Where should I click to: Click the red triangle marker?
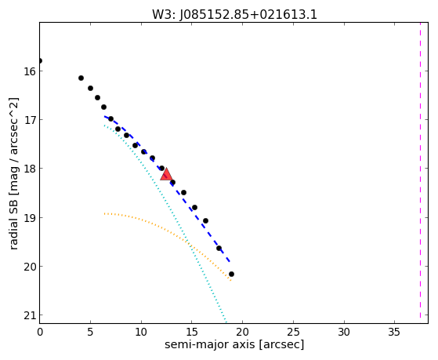tap(166, 174)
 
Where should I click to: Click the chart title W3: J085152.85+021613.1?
tap(234, 15)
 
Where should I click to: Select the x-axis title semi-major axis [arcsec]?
tap(234, 344)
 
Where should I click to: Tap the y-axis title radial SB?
tap(13, 221)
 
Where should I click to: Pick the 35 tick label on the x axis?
tap(394, 333)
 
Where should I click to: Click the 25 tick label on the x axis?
tap(293, 333)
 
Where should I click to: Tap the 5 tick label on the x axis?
tap(90, 333)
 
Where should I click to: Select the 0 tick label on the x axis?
tap(40, 333)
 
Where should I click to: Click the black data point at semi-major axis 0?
tap(40, 60)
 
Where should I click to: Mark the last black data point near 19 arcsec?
tap(231, 275)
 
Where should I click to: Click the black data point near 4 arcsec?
tap(81, 78)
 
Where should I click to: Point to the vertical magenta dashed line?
tap(420, 173)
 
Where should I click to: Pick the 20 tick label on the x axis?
tap(242, 333)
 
